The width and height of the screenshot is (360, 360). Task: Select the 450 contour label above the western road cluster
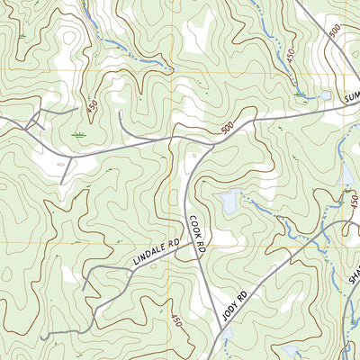click(93, 106)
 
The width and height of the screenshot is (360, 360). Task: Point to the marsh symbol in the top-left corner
click(22, 36)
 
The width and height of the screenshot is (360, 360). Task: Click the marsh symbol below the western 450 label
click(81, 134)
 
